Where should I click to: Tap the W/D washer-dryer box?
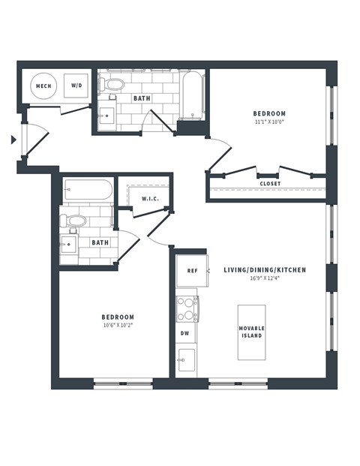point(76,86)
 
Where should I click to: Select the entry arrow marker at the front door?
point(13,139)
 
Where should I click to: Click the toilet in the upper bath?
point(113,84)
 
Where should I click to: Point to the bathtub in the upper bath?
point(191,95)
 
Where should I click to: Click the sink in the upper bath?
point(106,115)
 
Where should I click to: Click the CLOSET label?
point(270,183)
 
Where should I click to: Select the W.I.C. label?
point(149,198)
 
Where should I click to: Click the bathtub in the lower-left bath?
point(88,190)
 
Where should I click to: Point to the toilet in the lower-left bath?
point(74,221)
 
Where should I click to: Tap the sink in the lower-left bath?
point(70,244)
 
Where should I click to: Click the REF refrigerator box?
point(192,271)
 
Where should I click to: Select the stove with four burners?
point(187,307)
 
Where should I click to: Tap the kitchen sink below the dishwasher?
point(186,358)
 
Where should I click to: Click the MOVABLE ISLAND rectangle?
point(251,332)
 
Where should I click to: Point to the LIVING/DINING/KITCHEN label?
point(264,269)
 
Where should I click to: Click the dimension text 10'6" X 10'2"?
point(118,326)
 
